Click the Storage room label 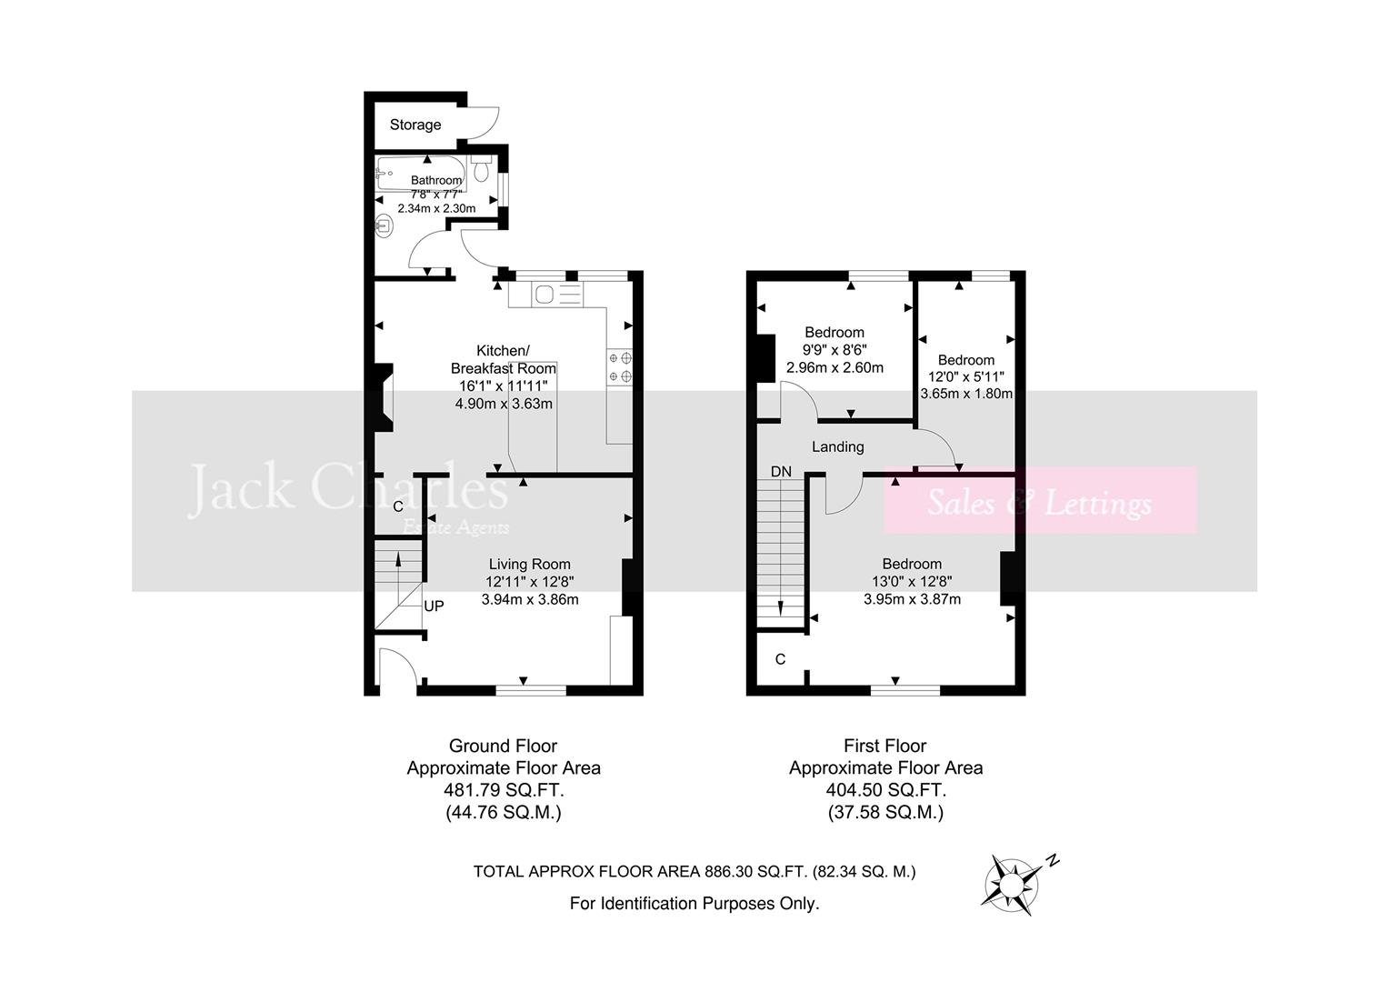pyautogui.click(x=415, y=125)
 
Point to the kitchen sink pyautogui.click(x=546, y=294)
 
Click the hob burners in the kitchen pyautogui.click(x=620, y=366)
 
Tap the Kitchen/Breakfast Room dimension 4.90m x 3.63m pyautogui.click(x=504, y=404)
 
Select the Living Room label pyautogui.click(x=529, y=564)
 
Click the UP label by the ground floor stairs pyautogui.click(x=435, y=606)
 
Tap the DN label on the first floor pyautogui.click(x=781, y=471)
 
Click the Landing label pyautogui.click(x=837, y=446)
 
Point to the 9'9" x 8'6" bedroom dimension pyautogui.click(x=834, y=350)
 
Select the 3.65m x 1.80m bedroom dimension pyautogui.click(x=966, y=394)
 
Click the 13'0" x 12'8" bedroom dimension pyautogui.click(x=912, y=582)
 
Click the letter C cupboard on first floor pyautogui.click(x=780, y=659)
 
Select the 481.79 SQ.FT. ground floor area pyautogui.click(x=503, y=790)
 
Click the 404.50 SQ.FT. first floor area pyautogui.click(x=885, y=790)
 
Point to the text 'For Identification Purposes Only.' pyautogui.click(x=694, y=903)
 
